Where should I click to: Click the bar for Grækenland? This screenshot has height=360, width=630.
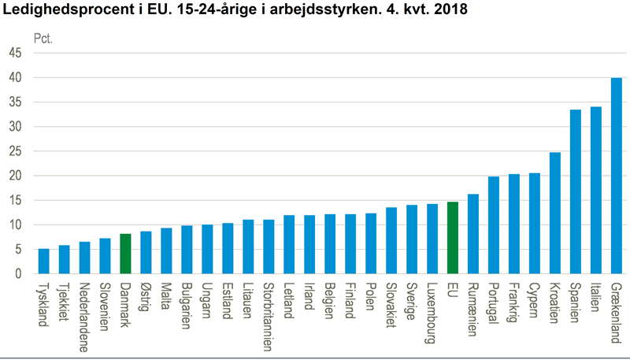[x=616, y=176]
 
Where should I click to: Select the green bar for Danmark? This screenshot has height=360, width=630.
[x=124, y=254]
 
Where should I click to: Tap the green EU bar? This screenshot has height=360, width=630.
[x=452, y=238]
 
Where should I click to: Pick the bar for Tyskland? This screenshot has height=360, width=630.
[x=43, y=262]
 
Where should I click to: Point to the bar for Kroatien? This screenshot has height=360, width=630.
[x=554, y=213]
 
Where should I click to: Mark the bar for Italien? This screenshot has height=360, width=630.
[x=595, y=190]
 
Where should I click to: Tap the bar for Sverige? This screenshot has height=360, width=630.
[x=411, y=239]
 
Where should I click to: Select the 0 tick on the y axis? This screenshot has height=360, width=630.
[x=18, y=274]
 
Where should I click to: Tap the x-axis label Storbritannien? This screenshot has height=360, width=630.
[x=268, y=311]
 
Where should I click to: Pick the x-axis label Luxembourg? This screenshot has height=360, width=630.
[x=432, y=307]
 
